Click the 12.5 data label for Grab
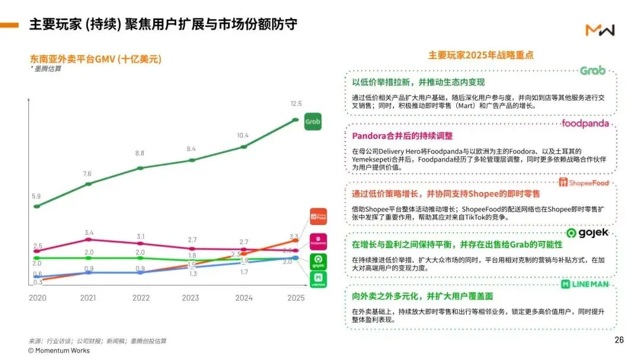click(x=296, y=104)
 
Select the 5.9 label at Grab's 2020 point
click(x=37, y=196)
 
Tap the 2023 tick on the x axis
click(x=191, y=298)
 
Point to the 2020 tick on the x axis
click(x=37, y=298)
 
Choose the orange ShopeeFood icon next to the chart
click(x=318, y=217)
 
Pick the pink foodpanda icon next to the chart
click(x=318, y=241)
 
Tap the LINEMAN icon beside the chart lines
click(x=318, y=281)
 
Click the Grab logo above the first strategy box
click(x=592, y=71)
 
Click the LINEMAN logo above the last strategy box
click(x=585, y=285)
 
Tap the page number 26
click(x=619, y=340)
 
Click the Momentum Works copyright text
click(x=59, y=351)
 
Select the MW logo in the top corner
click(x=600, y=30)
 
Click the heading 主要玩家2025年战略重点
click(x=480, y=55)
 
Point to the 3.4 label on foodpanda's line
click(x=89, y=233)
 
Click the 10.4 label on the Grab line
click(x=243, y=136)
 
